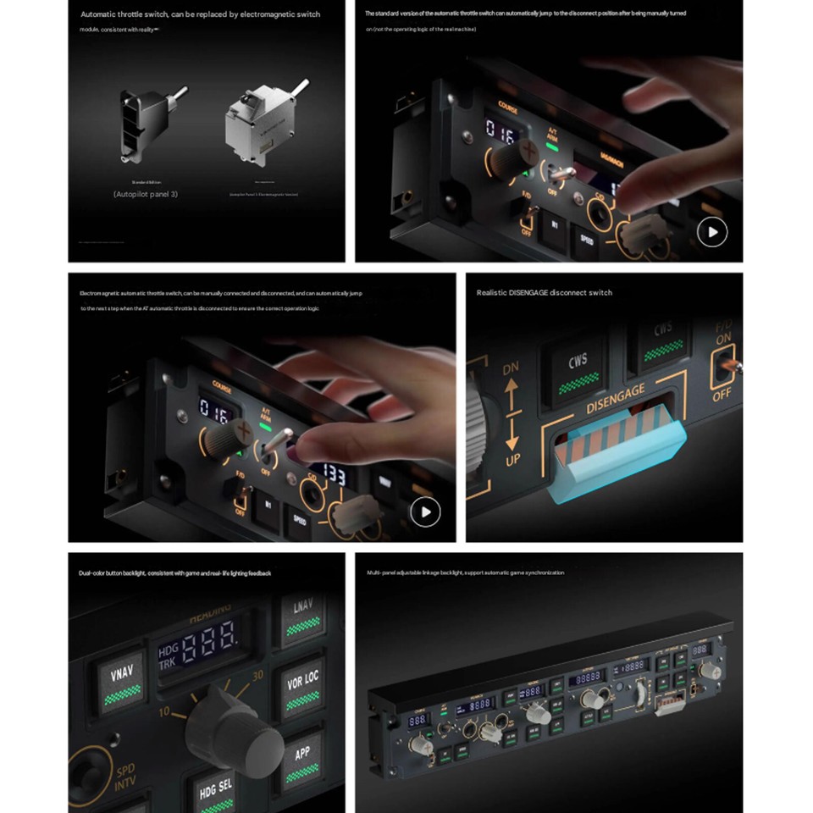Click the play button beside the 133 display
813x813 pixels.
[x=425, y=512]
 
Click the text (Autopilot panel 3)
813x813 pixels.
[x=146, y=194]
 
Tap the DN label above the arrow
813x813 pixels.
[x=511, y=370]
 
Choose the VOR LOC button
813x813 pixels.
[x=302, y=687]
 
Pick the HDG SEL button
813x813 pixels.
[x=215, y=789]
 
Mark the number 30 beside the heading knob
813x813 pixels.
[x=257, y=674]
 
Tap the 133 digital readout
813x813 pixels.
[x=335, y=476]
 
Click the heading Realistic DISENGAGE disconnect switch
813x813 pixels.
[x=544, y=292]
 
